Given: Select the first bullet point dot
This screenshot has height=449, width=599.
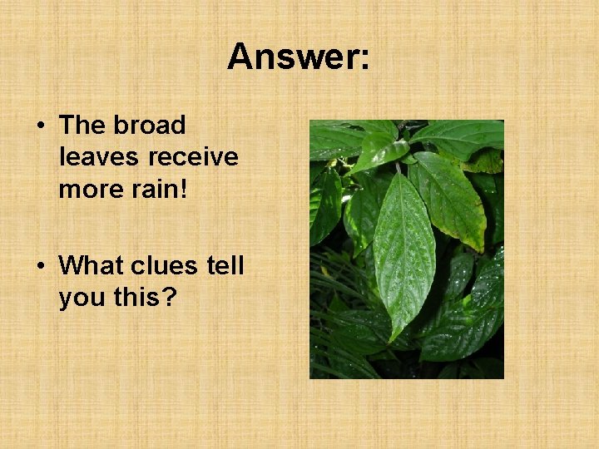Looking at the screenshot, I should (40, 126).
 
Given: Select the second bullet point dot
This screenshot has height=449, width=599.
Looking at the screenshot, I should (40, 266).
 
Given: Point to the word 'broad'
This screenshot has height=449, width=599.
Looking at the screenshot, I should (150, 126).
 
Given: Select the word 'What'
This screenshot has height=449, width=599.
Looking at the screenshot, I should (94, 265).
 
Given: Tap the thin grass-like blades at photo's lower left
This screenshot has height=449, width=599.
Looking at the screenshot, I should (333, 349).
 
